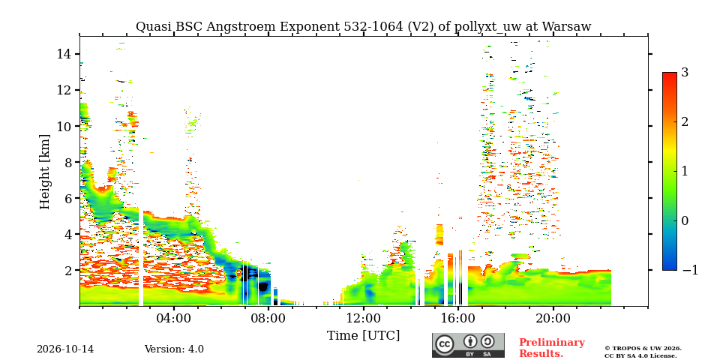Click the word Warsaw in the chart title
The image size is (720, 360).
pos(566,27)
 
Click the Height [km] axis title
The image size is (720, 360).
pos(44,172)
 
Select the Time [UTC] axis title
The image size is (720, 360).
pos(363,336)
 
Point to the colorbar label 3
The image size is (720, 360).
pos(685,73)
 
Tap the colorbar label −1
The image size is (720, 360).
pos(691,270)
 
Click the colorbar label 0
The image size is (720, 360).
pos(685,220)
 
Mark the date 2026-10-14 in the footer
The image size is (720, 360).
pos(65,349)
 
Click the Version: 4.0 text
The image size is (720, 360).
pos(174,349)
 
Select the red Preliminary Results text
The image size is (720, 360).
pos(552,348)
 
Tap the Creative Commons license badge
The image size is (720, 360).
pos(468,345)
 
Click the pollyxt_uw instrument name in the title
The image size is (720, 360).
pos(484,28)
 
